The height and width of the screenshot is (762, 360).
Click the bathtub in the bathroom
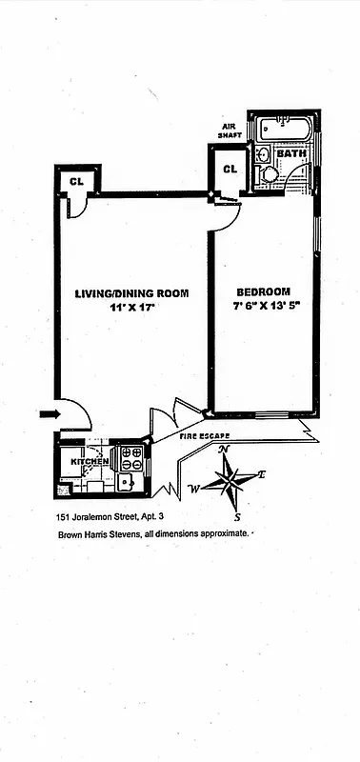[x=283, y=127]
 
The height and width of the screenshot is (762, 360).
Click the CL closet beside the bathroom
[x=230, y=170]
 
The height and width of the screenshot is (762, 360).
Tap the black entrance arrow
[x=50, y=413]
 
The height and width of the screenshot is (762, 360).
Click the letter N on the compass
[x=224, y=450]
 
